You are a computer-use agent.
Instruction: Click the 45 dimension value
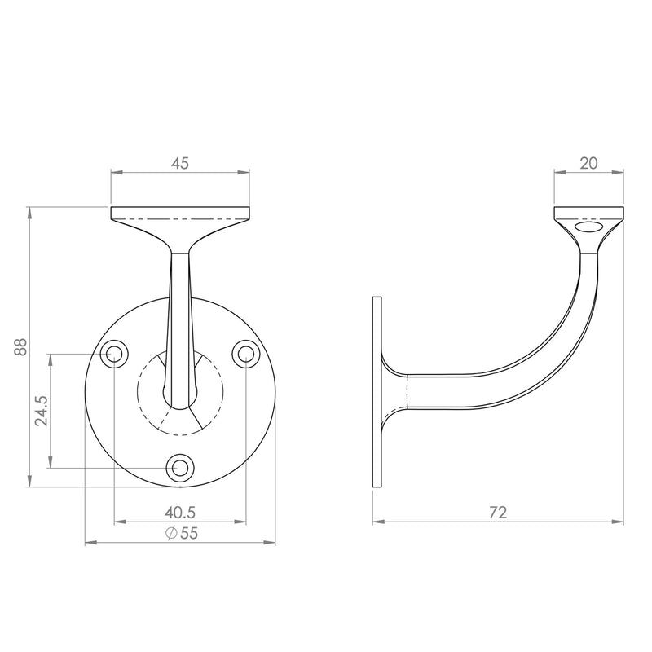[x=180, y=163]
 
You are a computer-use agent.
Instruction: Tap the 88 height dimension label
[x=20, y=347]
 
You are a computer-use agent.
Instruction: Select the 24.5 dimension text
[x=42, y=411]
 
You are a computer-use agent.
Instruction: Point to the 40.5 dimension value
[x=180, y=513]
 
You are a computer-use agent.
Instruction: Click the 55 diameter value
[x=189, y=533]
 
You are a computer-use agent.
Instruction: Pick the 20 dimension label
[x=588, y=163]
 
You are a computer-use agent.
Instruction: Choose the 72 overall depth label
[x=498, y=513]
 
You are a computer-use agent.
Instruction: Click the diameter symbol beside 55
[x=171, y=533]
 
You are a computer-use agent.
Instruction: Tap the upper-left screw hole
[x=114, y=354]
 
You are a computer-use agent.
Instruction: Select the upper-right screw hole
[x=246, y=354]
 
